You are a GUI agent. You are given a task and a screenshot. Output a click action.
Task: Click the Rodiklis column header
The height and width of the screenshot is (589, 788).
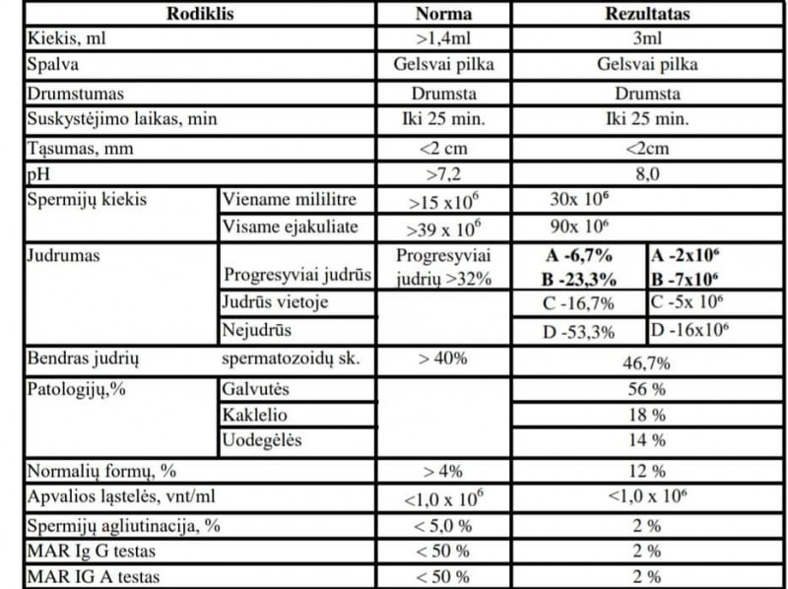202,15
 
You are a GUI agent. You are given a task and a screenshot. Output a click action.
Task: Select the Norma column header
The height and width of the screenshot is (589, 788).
444,15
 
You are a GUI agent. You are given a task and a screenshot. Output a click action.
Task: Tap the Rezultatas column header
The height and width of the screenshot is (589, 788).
646,15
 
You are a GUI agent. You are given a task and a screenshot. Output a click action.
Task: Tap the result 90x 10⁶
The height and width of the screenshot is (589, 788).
578,227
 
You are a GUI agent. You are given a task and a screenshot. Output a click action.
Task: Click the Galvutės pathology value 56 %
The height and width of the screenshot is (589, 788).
646,388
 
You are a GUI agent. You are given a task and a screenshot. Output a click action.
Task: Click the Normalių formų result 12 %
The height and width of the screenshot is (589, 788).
646,472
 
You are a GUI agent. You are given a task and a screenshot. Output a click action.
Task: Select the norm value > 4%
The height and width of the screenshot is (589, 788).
444,472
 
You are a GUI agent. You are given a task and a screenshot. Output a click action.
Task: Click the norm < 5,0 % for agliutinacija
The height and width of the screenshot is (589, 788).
444,525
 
